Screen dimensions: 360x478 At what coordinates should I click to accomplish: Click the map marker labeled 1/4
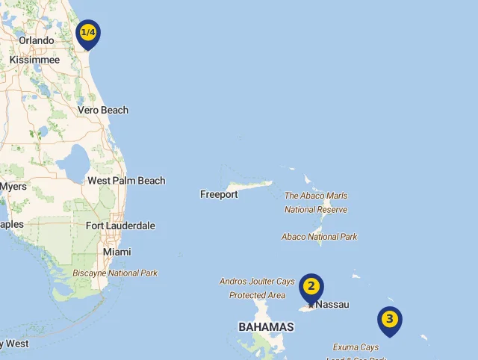(88, 33)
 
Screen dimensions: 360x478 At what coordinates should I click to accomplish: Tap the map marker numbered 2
(311, 287)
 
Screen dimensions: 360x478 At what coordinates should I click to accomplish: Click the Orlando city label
(37, 40)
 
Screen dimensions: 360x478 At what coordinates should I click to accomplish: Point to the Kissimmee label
(34, 59)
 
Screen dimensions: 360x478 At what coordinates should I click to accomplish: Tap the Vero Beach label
(103, 110)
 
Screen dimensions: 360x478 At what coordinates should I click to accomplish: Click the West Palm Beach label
(126, 181)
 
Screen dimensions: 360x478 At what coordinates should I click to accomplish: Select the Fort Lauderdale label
(120, 226)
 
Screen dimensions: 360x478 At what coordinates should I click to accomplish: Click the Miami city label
(117, 252)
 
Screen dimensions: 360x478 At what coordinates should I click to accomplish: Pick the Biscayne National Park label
(115, 273)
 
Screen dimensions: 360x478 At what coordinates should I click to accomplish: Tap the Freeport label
(219, 194)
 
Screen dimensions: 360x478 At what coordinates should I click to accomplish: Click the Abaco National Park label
(319, 237)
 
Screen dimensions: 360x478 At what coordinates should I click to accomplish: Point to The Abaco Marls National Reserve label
(316, 202)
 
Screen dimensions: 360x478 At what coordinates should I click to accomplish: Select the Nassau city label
(332, 305)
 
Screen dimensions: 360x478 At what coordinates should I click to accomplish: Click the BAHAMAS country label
(266, 327)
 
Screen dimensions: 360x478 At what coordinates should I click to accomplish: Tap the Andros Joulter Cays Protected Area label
(257, 288)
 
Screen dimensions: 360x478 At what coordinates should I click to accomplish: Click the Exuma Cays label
(356, 347)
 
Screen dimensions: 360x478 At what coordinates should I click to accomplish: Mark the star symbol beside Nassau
(311, 305)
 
